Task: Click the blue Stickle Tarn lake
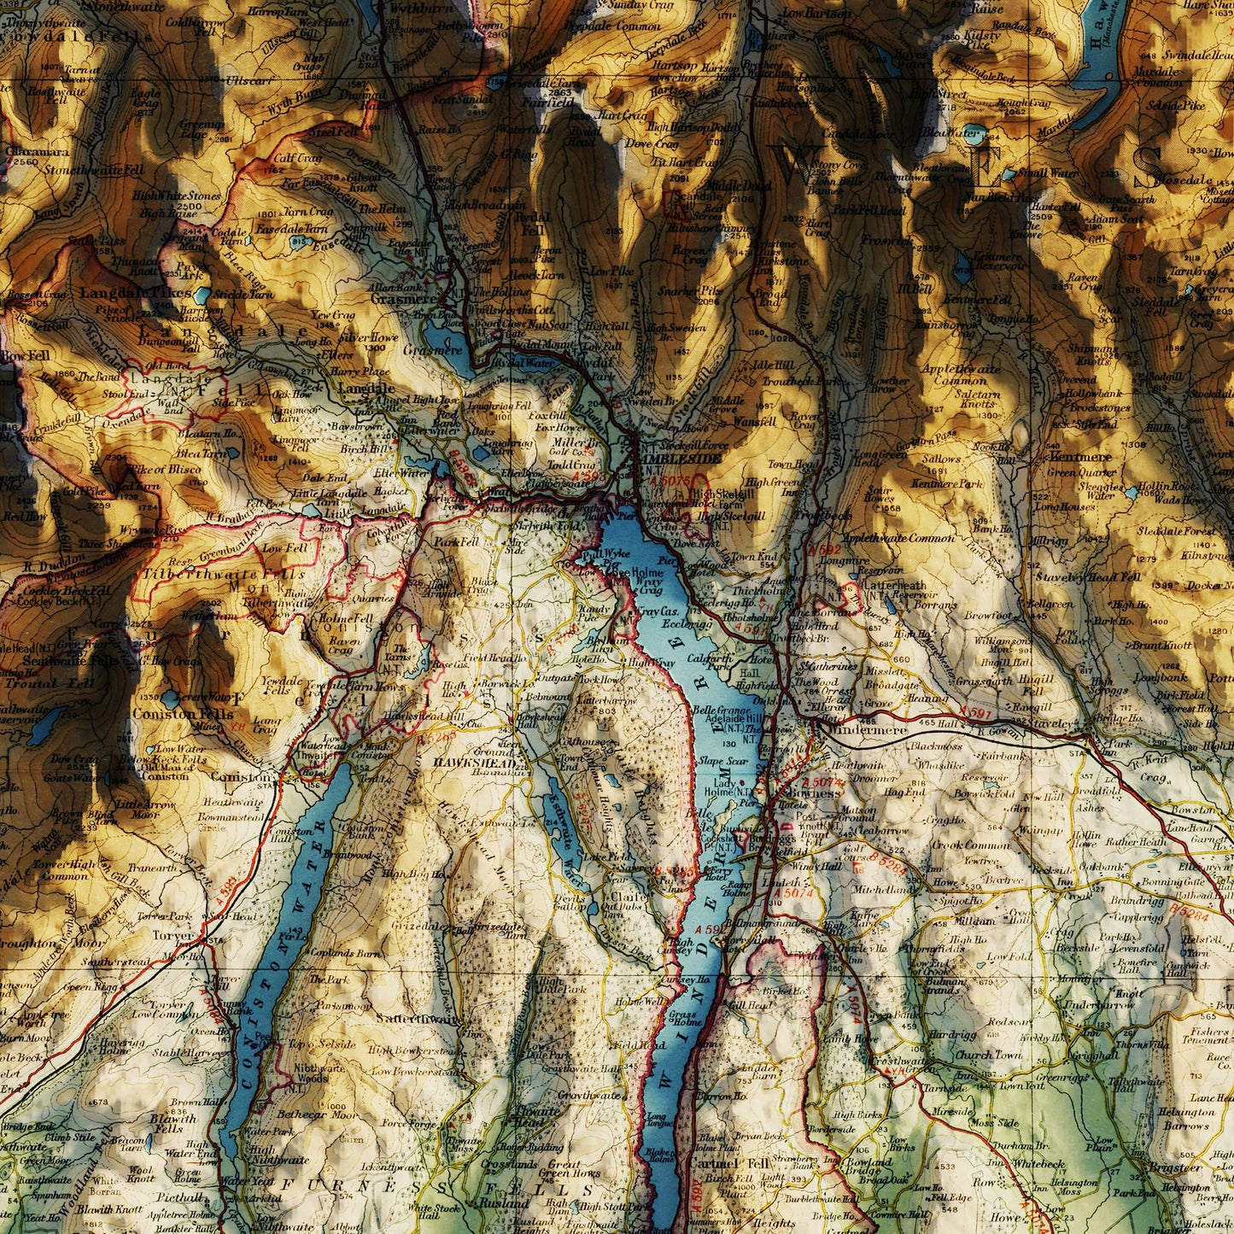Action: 202,296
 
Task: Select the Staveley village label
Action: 1047,722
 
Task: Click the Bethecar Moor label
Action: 317,1114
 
